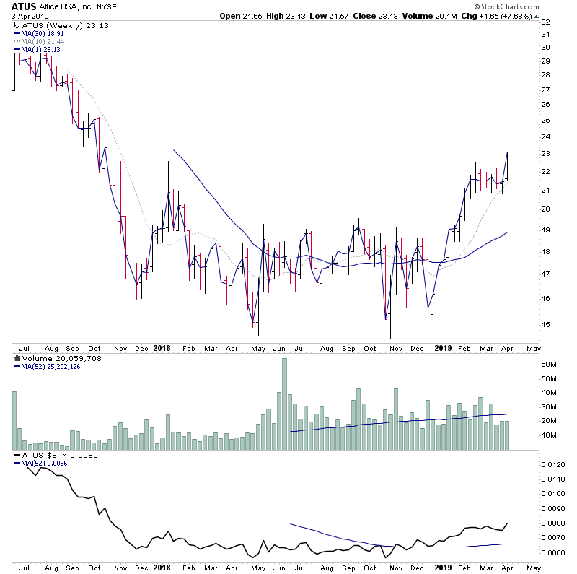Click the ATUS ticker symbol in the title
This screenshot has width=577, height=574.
pyautogui.click(x=24, y=6)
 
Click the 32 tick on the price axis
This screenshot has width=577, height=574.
pyautogui.click(x=546, y=22)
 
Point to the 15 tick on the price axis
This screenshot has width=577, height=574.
pyautogui.click(x=546, y=324)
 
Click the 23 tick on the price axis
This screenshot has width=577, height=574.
pyautogui.click(x=546, y=154)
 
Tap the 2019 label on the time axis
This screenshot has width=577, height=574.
pyautogui.click(x=443, y=347)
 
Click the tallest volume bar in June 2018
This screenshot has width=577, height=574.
pyautogui.click(x=285, y=403)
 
